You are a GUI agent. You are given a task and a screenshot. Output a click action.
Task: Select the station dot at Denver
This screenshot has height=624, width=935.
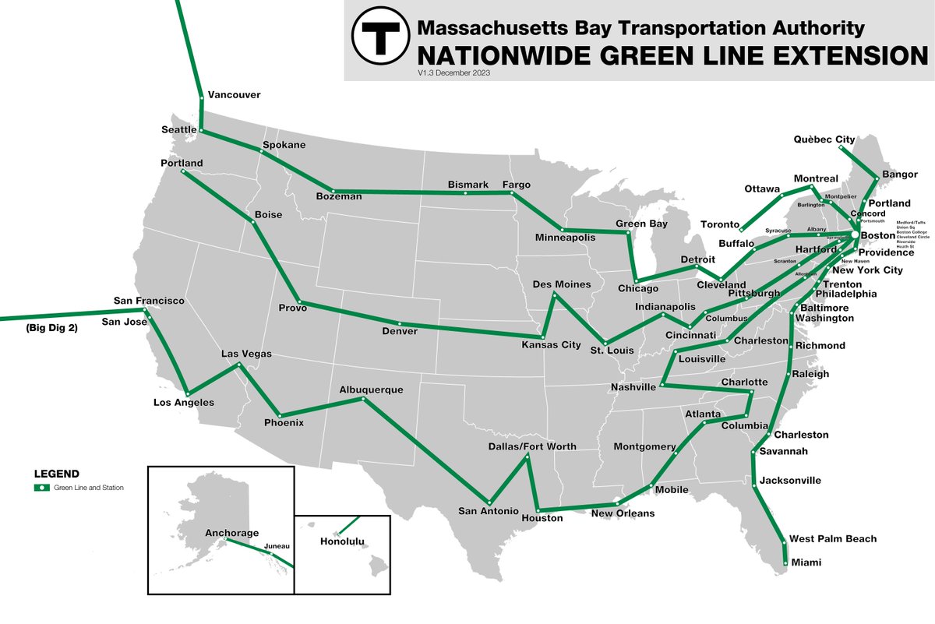[x=400, y=323]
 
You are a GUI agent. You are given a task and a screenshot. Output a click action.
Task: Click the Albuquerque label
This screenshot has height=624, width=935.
[x=371, y=389]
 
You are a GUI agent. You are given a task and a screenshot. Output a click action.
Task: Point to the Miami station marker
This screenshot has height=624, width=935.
[x=784, y=562]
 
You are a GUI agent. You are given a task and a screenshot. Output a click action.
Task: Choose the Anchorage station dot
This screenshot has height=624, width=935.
[x=225, y=539]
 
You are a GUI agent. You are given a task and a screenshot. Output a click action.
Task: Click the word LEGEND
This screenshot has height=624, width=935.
[x=56, y=474]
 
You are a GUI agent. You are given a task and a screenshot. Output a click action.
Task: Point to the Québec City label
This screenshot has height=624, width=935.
[x=824, y=140]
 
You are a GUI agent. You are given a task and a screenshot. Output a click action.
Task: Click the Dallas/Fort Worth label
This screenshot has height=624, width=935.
[x=532, y=446]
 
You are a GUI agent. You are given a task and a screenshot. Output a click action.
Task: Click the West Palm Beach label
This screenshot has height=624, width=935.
[x=832, y=539]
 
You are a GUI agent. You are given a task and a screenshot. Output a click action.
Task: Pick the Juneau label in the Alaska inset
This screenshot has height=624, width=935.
[x=277, y=546]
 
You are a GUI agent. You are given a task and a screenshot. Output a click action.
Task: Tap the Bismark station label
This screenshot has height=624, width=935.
[x=467, y=185]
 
